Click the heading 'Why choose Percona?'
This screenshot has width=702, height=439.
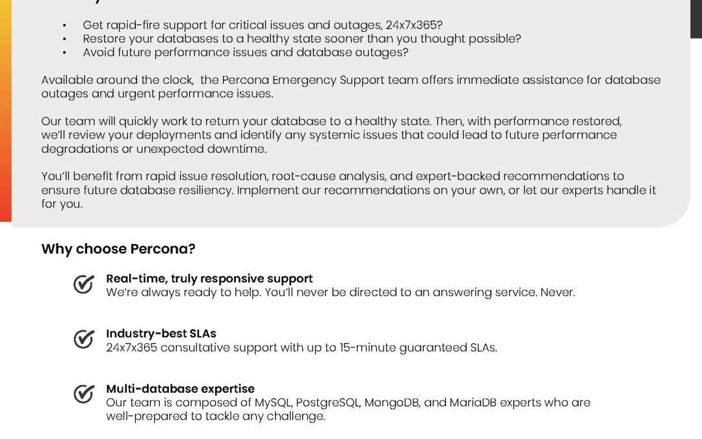click(x=118, y=249)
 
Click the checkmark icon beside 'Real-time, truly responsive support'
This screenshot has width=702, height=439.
click(x=83, y=284)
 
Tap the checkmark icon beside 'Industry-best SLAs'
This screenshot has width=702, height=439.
click(x=83, y=339)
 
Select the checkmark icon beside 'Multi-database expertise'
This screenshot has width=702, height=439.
click(x=83, y=394)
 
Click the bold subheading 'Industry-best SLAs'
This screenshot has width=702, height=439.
click(x=161, y=334)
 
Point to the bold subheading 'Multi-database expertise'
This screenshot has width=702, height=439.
click(x=180, y=389)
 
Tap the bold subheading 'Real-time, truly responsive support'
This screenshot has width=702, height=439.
click(x=209, y=278)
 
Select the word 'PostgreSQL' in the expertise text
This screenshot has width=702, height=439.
click(x=327, y=403)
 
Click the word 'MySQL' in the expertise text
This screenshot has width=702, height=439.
click(x=272, y=403)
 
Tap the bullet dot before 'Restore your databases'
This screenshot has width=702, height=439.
click(x=64, y=39)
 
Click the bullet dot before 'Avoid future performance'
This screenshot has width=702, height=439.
click(x=64, y=53)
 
